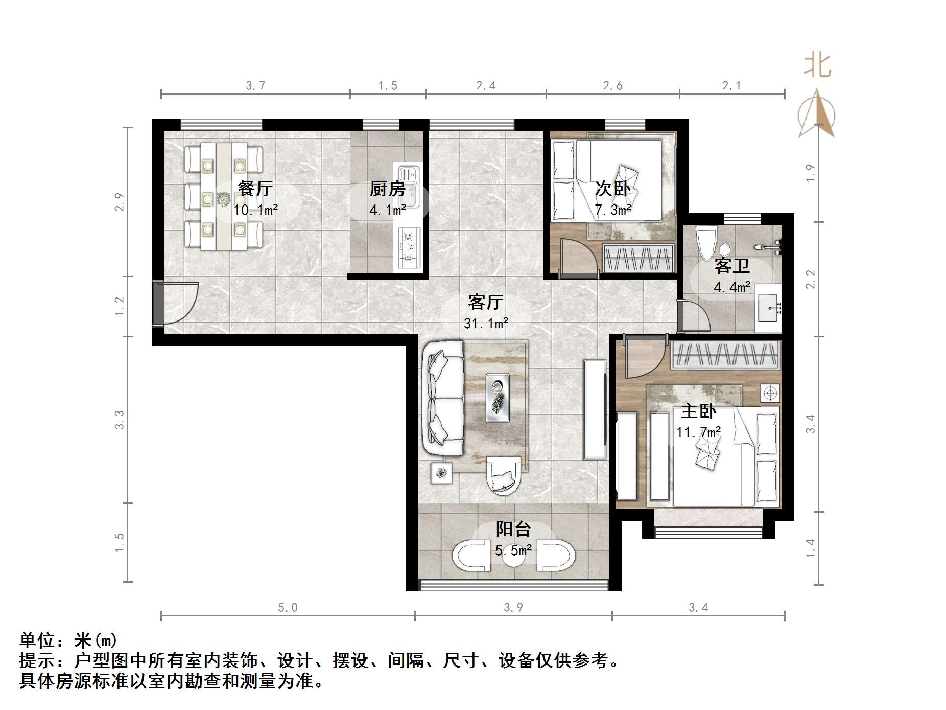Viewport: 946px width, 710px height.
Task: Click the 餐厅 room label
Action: tap(255, 189)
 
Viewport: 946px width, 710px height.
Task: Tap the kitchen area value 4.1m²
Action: tap(388, 210)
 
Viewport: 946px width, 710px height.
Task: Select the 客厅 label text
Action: tap(485, 302)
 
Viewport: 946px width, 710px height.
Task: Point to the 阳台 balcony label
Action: tap(513, 529)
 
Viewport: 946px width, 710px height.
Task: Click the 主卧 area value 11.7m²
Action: tap(698, 432)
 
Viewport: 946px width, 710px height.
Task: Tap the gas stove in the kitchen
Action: tap(408, 248)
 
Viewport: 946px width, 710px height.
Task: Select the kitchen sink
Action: tap(408, 186)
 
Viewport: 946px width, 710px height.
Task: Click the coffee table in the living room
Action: tap(498, 398)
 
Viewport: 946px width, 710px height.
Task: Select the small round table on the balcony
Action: tap(513, 558)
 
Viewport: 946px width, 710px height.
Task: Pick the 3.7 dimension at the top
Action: tap(255, 85)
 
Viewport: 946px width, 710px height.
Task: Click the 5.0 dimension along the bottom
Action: tap(288, 608)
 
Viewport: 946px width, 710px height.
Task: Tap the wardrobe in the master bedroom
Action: tap(725, 355)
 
